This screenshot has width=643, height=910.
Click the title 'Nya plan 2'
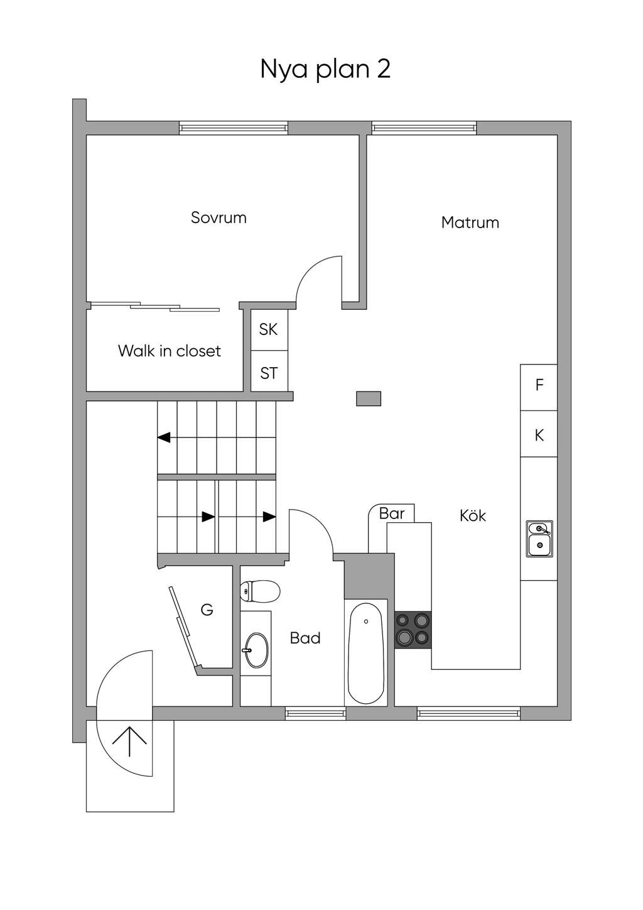point(325,69)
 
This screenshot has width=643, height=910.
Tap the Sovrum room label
point(219,218)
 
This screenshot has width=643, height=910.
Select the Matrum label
point(470,222)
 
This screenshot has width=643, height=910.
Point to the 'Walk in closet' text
point(170,351)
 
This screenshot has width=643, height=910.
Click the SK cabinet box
point(269,329)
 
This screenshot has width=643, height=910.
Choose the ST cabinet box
point(269,373)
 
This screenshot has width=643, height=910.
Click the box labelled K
point(539,434)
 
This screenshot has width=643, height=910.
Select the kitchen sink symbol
point(539,539)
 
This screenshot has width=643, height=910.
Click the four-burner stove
point(413,630)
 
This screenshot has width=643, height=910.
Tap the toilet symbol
point(260,590)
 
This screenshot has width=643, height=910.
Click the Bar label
point(392,513)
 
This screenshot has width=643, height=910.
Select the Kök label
point(473,516)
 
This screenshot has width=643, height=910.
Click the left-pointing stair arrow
point(165,437)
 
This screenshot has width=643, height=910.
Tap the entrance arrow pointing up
point(129,741)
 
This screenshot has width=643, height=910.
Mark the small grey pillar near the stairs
point(369,398)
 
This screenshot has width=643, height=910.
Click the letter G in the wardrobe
point(207,609)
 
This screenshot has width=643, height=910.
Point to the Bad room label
point(305,639)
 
